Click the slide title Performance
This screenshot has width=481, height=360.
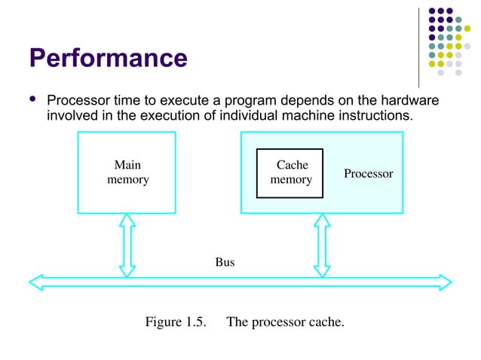[108, 57]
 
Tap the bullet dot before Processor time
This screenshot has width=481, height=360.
[31, 100]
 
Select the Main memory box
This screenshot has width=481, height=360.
[127, 172]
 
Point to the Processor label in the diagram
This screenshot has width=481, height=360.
[368, 174]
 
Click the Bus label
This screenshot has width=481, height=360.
[225, 262]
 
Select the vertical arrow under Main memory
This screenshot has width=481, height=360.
[127, 244]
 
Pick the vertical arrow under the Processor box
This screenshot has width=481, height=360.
[322, 244]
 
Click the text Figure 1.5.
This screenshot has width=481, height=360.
[176, 322]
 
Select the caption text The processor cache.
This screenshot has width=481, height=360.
[285, 322]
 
